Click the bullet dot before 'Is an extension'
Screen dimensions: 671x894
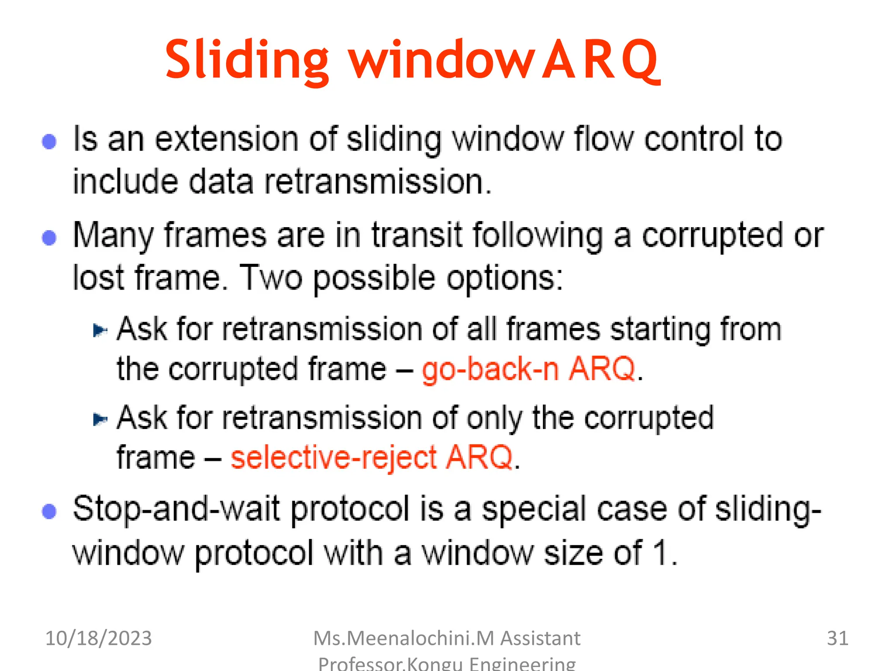(49, 141)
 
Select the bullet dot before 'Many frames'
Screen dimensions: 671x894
(49, 238)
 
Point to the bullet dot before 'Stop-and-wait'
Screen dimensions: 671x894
(49, 511)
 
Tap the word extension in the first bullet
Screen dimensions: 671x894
(227, 139)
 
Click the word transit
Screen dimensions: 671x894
(417, 235)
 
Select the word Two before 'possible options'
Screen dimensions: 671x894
(271, 278)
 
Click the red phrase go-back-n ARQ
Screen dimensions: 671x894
(529, 369)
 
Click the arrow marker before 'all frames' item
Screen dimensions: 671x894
(100, 330)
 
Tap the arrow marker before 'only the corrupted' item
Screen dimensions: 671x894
(100, 419)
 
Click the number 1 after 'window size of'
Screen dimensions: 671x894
(660, 553)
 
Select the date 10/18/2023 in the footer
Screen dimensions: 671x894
(99, 638)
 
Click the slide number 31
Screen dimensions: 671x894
(837, 638)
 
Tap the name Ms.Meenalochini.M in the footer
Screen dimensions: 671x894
(404, 638)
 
